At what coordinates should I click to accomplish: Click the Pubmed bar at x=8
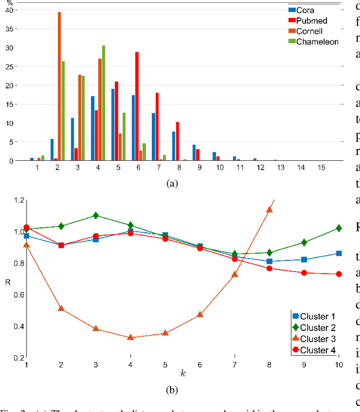[177, 141]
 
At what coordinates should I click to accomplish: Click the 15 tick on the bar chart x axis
[321, 168]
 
